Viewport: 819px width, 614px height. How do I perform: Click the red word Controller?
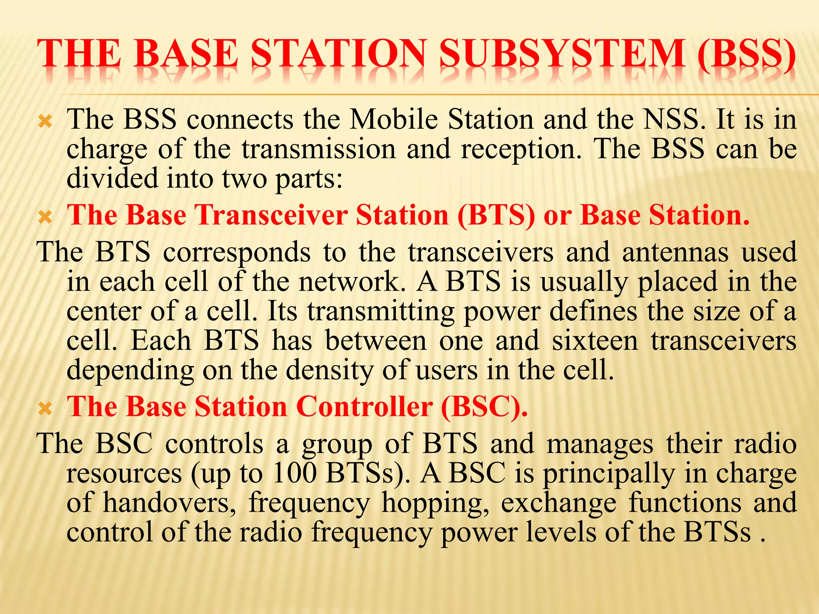coord(364,407)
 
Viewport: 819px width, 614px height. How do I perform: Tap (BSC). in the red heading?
coord(484,407)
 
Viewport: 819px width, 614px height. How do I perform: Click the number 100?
coord(295,474)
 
